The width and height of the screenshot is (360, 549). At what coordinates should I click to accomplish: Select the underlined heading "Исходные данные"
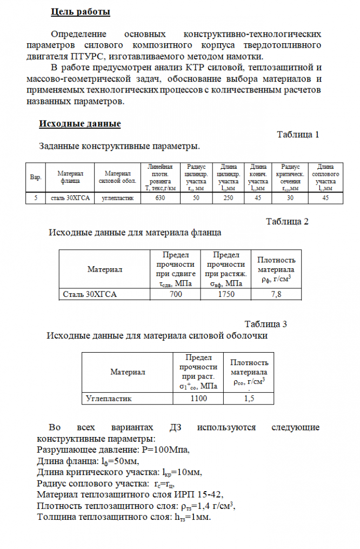coord(79,124)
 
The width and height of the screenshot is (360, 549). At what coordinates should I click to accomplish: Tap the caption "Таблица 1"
coord(298,135)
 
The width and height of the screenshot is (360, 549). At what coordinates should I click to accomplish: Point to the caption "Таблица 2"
coord(287,221)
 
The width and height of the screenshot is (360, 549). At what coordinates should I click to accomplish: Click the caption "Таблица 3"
coord(265,324)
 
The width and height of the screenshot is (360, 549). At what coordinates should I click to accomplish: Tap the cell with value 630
coord(160,198)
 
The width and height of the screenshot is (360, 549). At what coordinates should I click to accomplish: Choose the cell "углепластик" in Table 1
coord(118,198)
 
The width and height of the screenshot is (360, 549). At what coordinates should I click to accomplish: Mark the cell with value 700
coord(176,294)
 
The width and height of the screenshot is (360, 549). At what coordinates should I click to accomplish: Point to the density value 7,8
coord(276,294)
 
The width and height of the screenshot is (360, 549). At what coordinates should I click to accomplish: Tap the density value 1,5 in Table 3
coord(249,399)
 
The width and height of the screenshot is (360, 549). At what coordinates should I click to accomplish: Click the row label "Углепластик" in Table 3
coord(109,399)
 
